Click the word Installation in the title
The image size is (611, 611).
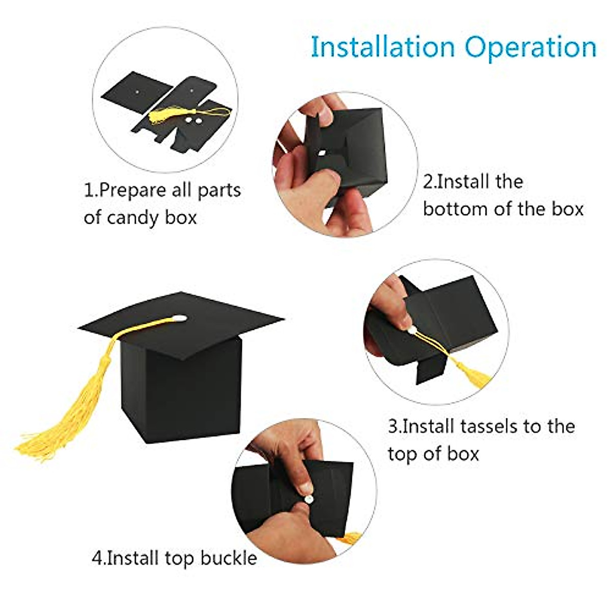click(382, 47)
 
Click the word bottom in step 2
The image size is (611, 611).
click(450, 209)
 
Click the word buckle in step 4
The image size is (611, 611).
click(229, 558)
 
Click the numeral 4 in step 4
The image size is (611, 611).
click(97, 558)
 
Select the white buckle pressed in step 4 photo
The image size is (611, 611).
click(307, 490)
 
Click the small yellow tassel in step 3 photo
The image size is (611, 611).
click(468, 374)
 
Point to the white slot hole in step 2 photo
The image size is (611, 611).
click(321, 153)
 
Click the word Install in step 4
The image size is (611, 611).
click(134, 558)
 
